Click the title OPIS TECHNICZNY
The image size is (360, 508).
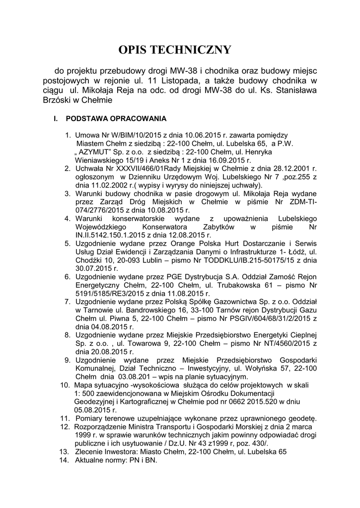[x=175, y=50]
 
